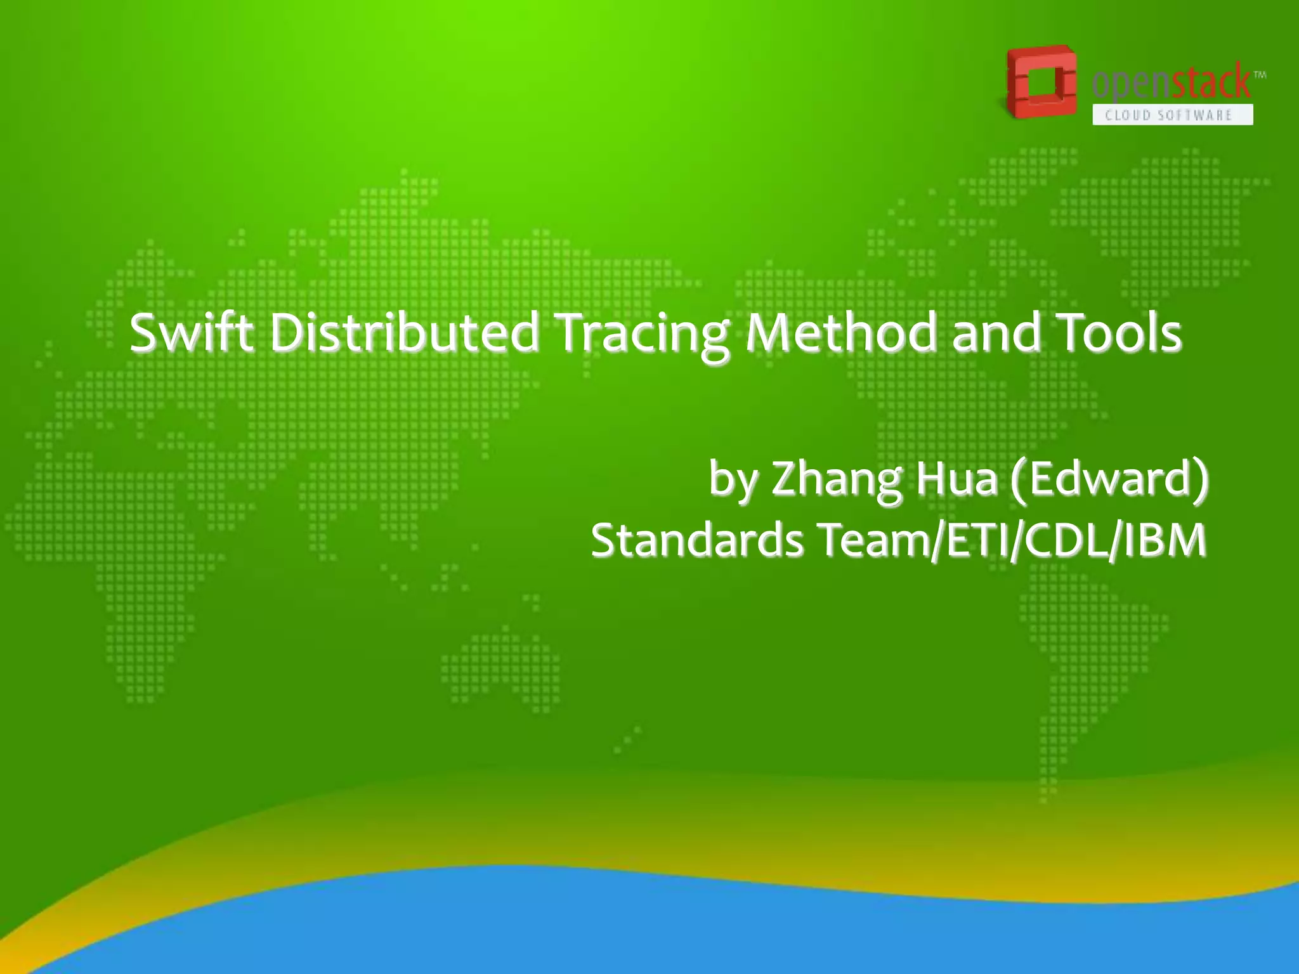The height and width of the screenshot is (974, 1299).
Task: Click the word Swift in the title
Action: point(192,332)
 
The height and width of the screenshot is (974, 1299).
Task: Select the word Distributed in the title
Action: point(405,332)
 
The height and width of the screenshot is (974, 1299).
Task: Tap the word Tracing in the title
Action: point(642,334)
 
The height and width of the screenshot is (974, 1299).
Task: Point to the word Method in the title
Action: point(841,332)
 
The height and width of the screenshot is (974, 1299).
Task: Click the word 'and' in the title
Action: point(996,332)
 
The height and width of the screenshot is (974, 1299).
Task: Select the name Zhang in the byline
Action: point(836,479)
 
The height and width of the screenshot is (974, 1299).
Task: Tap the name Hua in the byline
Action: point(957,478)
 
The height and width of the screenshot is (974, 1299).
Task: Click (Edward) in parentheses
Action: point(1109,478)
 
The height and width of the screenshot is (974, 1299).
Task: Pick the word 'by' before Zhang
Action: point(733,479)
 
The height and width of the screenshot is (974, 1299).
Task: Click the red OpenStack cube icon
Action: point(1040,82)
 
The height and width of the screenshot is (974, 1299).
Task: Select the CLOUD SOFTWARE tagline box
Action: point(1172,115)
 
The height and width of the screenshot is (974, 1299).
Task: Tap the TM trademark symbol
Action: point(1260,75)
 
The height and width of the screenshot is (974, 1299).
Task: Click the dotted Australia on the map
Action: point(501,666)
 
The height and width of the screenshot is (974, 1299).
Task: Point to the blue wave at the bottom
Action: point(634,926)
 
